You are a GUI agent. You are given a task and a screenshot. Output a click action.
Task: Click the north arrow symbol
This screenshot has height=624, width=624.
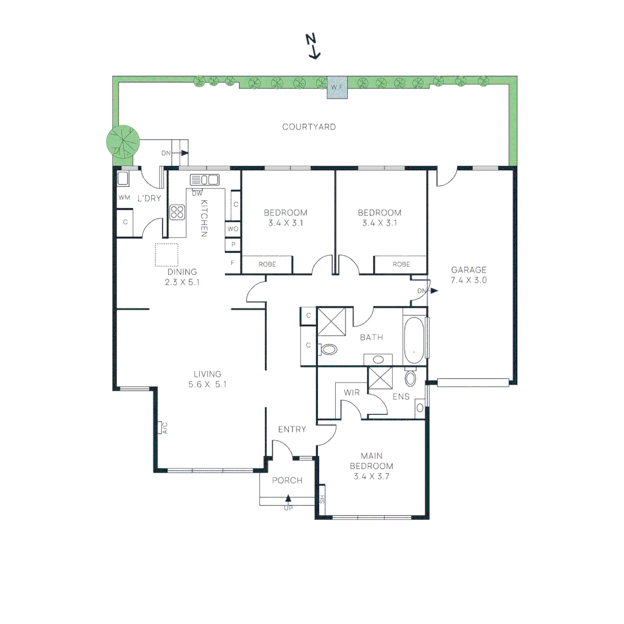tap(313, 47)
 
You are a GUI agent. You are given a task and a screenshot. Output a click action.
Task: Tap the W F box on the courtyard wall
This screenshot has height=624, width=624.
tap(337, 87)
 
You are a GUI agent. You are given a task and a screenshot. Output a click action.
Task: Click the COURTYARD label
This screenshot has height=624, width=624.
tap(309, 127)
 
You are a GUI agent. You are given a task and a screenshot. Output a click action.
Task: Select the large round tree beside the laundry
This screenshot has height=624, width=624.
tap(123, 141)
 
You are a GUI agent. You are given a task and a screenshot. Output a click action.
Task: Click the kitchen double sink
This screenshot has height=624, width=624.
tap(205, 179)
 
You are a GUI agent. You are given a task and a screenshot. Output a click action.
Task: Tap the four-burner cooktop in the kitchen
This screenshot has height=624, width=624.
tap(177, 212)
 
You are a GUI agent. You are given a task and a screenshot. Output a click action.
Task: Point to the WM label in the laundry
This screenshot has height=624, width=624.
tap(124, 198)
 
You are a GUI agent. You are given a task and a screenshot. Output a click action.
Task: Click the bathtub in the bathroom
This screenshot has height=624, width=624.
tap(414, 337)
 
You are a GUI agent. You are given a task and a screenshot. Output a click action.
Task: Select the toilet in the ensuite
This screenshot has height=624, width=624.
tap(411, 378)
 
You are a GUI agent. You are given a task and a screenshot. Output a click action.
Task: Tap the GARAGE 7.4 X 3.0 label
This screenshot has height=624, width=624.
tap(469, 274)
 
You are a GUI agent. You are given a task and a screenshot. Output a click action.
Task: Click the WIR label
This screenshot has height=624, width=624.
tap(352, 392)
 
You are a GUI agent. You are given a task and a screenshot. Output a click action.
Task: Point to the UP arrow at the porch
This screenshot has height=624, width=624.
tap(288, 500)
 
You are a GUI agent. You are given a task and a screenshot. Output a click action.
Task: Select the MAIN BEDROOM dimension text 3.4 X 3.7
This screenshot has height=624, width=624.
tap(373, 477)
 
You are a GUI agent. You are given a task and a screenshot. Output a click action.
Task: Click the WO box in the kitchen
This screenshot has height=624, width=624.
tap(233, 229)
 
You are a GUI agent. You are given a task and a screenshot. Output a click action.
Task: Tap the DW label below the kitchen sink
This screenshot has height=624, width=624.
tap(197, 193)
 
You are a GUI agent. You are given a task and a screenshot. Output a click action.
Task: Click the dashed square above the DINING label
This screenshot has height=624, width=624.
tap(166, 255)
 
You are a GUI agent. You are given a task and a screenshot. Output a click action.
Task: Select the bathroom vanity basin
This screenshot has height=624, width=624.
tap(378, 359)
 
